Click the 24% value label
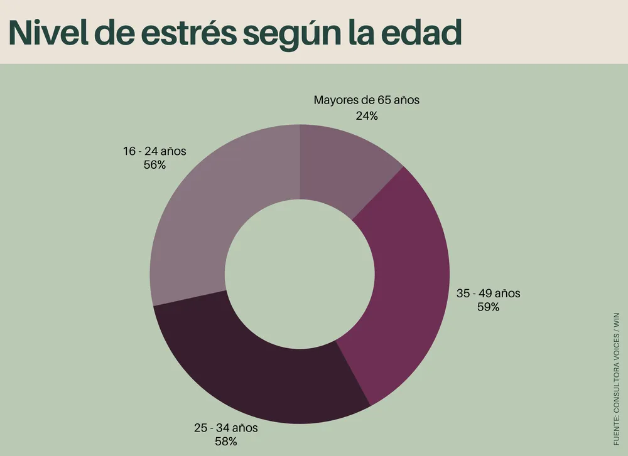point(366,115)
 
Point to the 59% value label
point(488,307)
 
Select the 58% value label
point(225,442)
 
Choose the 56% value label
point(154,164)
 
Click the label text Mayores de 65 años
point(366,100)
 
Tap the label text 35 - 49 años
point(488,293)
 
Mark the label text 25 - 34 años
point(225,428)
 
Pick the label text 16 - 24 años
point(154,151)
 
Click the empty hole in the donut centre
point(300,274)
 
